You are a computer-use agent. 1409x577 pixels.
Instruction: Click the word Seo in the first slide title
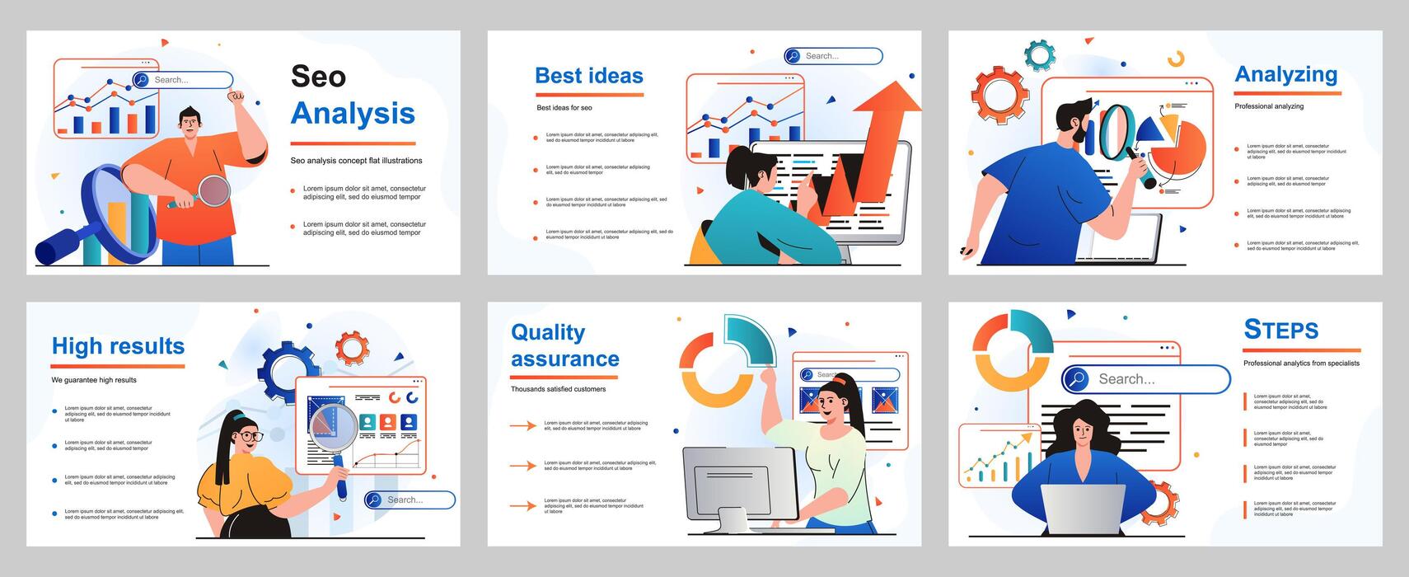[x=318, y=77]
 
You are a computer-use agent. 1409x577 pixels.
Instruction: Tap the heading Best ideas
[x=588, y=76]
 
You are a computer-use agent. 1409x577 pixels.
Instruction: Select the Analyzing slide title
[x=1285, y=74]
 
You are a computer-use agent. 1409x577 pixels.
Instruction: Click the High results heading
[x=118, y=346]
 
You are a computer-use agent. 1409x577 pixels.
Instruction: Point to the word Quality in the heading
[x=548, y=332]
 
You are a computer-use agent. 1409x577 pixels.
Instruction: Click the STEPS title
[x=1280, y=330]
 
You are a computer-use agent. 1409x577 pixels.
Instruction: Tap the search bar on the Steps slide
[x=1145, y=379]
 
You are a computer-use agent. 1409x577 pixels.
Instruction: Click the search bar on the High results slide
[x=410, y=500]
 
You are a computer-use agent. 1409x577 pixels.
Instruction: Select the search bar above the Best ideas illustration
[x=833, y=56]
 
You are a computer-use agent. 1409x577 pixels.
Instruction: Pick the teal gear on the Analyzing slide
[x=1039, y=55]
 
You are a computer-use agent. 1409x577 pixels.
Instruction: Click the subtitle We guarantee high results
[x=94, y=380]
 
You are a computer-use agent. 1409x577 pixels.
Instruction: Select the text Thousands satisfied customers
[x=558, y=389]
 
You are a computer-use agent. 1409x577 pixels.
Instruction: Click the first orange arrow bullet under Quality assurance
[x=522, y=425]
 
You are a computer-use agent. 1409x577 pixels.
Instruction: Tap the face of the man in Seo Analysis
[x=190, y=124]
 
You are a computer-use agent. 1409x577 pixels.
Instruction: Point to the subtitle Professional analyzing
[x=1269, y=106]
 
